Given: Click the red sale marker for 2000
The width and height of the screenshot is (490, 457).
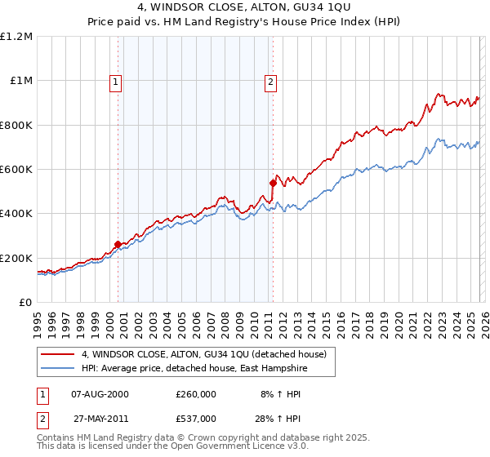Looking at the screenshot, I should pyautogui.click(x=118, y=244).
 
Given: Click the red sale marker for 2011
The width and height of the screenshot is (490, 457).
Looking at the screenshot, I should pyautogui.click(x=273, y=183).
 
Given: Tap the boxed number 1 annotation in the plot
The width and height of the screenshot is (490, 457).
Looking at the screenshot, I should pyautogui.click(x=116, y=81).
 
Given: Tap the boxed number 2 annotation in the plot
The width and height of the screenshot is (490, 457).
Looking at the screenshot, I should pyautogui.click(x=270, y=81).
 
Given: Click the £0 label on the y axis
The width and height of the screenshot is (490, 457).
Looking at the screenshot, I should pyautogui.click(x=24, y=303).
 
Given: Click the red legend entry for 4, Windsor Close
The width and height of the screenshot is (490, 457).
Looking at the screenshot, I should pyautogui.click(x=204, y=354).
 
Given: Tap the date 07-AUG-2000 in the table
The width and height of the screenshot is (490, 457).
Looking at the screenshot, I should pyautogui.click(x=100, y=393).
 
